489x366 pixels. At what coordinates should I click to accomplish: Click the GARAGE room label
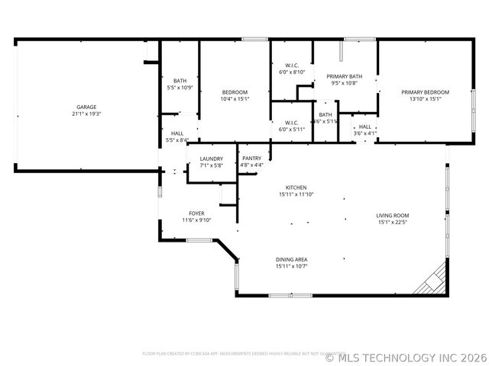tap(86, 107)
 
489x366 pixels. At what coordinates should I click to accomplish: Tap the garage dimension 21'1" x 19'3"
tap(86, 114)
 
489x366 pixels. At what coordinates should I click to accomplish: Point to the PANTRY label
tap(252, 158)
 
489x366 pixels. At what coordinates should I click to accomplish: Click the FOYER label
tap(196, 213)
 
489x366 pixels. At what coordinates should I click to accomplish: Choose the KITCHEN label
tap(296, 188)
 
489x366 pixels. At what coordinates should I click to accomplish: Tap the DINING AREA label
tap(291, 259)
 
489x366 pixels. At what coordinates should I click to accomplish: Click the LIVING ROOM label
tap(393, 215)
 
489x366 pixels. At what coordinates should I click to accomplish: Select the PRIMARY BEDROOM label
tap(426, 92)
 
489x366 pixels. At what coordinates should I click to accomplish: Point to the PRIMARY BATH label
tap(344, 76)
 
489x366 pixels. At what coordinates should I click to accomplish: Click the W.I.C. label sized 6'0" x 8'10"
tap(291, 66)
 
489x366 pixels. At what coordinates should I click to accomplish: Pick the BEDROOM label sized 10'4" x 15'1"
tap(235, 92)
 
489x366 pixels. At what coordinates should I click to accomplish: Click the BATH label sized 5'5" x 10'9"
tap(180, 81)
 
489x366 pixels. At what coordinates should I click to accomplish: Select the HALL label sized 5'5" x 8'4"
tap(177, 133)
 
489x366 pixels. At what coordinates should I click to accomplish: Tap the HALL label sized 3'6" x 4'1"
tap(364, 127)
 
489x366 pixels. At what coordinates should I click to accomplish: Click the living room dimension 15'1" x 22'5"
tap(393, 222)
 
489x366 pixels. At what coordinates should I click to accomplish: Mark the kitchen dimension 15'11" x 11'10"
tap(296, 194)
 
